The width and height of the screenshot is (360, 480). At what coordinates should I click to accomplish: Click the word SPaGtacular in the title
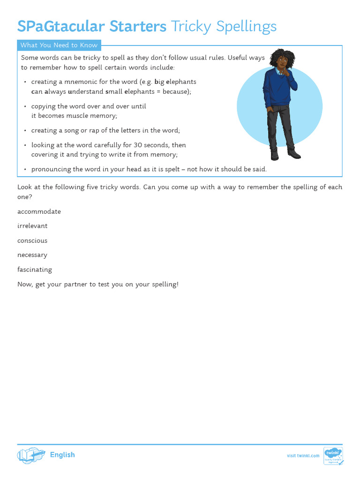(x=61, y=27)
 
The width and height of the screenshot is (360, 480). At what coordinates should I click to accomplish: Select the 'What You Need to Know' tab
(x=59, y=45)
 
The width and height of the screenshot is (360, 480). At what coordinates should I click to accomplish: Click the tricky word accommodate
(x=39, y=211)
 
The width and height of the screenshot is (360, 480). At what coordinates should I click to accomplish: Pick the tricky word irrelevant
(x=32, y=226)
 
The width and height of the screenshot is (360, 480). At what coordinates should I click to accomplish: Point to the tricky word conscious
(x=32, y=240)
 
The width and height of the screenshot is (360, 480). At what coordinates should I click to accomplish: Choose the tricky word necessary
(x=32, y=255)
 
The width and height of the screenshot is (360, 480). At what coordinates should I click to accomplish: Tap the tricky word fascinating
(x=35, y=270)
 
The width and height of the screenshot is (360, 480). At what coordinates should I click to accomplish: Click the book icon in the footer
(x=31, y=455)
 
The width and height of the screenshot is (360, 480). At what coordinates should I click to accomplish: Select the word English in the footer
(x=62, y=455)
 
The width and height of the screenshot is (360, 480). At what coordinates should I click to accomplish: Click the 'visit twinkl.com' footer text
(x=303, y=456)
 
